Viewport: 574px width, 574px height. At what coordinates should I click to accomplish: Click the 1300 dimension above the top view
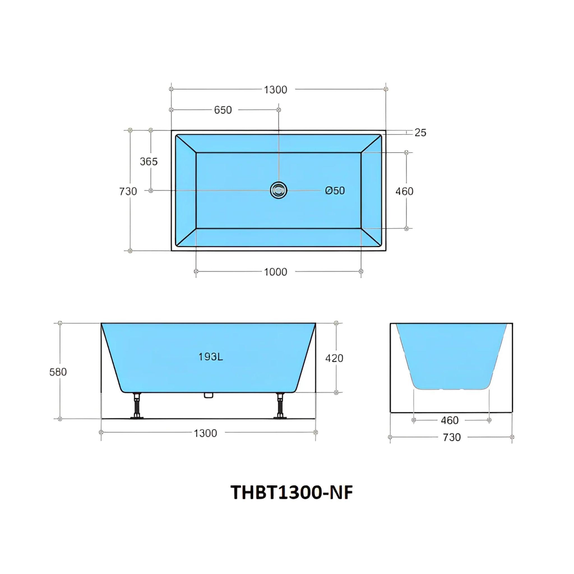click(276, 89)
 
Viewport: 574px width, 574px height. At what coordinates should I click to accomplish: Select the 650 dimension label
click(223, 110)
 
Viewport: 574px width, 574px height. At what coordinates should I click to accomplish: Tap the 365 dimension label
click(149, 161)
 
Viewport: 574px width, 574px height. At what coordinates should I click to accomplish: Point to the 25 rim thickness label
click(420, 133)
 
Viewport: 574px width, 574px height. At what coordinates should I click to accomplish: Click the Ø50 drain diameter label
click(335, 190)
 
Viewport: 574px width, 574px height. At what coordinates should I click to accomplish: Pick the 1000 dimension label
click(276, 272)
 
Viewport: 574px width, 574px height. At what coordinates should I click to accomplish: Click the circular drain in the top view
click(278, 190)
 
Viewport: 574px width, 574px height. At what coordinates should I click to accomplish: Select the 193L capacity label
click(211, 357)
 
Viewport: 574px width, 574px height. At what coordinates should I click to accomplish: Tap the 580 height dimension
click(58, 372)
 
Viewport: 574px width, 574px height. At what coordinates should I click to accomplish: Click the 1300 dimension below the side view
click(205, 433)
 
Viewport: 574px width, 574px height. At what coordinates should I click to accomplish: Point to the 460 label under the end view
click(450, 420)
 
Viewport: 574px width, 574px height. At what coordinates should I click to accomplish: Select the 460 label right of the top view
click(404, 191)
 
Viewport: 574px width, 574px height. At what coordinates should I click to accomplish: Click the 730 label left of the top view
click(128, 191)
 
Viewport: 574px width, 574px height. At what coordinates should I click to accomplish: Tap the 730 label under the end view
click(452, 437)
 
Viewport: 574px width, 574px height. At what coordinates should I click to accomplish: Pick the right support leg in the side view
click(279, 406)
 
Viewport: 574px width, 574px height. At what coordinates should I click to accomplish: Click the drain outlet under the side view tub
click(208, 395)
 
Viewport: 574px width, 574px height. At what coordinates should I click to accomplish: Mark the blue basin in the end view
click(451, 357)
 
